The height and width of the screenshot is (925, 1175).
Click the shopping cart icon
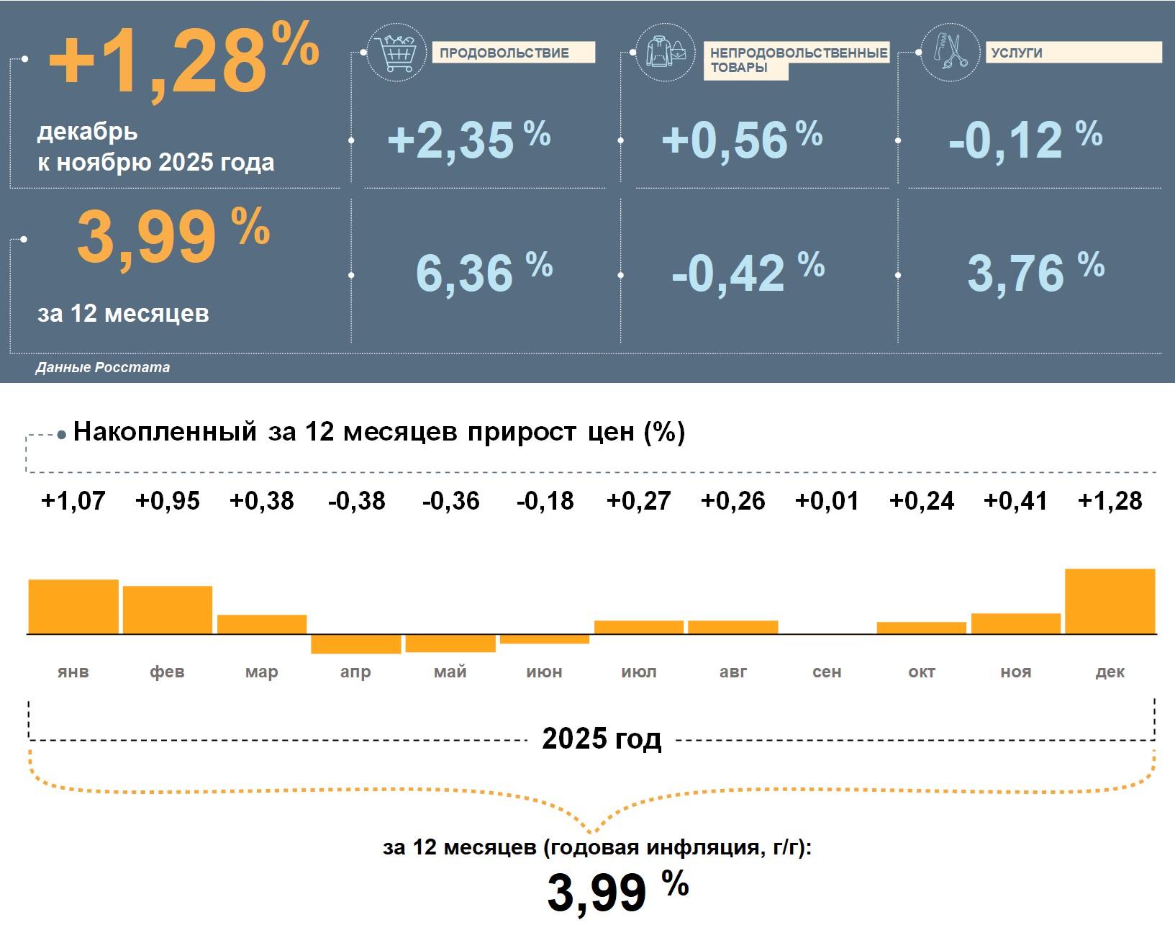coord(396,52)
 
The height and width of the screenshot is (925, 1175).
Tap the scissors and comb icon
coord(950,52)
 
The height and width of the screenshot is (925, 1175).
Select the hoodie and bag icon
coord(665,52)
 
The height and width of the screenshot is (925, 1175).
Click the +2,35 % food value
coord(468,139)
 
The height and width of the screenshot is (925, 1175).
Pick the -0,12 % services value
coord(1025,139)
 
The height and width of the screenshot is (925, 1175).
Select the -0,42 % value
coord(747,272)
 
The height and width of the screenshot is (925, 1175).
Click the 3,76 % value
coord(1035,272)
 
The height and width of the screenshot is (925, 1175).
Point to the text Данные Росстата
coord(103,367)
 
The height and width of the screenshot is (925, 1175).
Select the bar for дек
coord(1110,601)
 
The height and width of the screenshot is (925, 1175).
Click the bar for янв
coord(73,606)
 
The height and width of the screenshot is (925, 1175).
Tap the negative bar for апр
coord(355,644)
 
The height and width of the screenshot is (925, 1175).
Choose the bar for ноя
coord(1015,623)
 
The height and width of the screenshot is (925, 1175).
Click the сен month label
coord(827,672)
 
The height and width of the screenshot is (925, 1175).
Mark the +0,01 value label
coord(827,500)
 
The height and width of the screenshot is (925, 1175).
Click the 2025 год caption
coord(602,739)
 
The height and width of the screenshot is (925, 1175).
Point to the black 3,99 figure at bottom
coord(597,893)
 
